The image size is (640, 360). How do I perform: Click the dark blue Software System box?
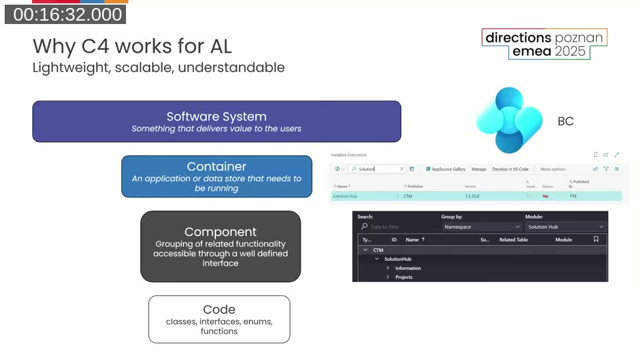tap(217, 121)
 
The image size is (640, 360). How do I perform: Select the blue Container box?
tap(217, 177)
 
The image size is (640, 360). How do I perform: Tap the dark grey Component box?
tap(221, 246)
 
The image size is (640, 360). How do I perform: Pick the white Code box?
tap(219, 319)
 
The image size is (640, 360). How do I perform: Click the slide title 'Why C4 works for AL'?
tap(132, 46)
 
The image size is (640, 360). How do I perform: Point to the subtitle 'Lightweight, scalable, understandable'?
tap(159, 67)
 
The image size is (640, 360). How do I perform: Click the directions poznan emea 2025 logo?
tap(544, 45)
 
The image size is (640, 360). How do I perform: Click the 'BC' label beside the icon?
tap(565, 121)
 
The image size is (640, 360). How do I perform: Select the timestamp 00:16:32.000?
tap(67, 14)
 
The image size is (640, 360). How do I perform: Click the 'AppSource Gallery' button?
tap(445, 169)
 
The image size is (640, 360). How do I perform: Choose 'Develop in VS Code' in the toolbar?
tap(510, 169)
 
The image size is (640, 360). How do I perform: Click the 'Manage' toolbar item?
tap(479, 169)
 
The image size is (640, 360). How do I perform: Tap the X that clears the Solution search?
tap(401, 169)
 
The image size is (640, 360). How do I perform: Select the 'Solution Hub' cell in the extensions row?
tap(345, 197)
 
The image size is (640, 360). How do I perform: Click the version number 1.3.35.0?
tap(472, 197)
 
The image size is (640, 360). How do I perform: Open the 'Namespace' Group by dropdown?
tap(481, 227)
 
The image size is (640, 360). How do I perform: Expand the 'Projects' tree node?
tap(388, 277)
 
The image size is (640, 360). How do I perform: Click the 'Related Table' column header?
tap(513, 239)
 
